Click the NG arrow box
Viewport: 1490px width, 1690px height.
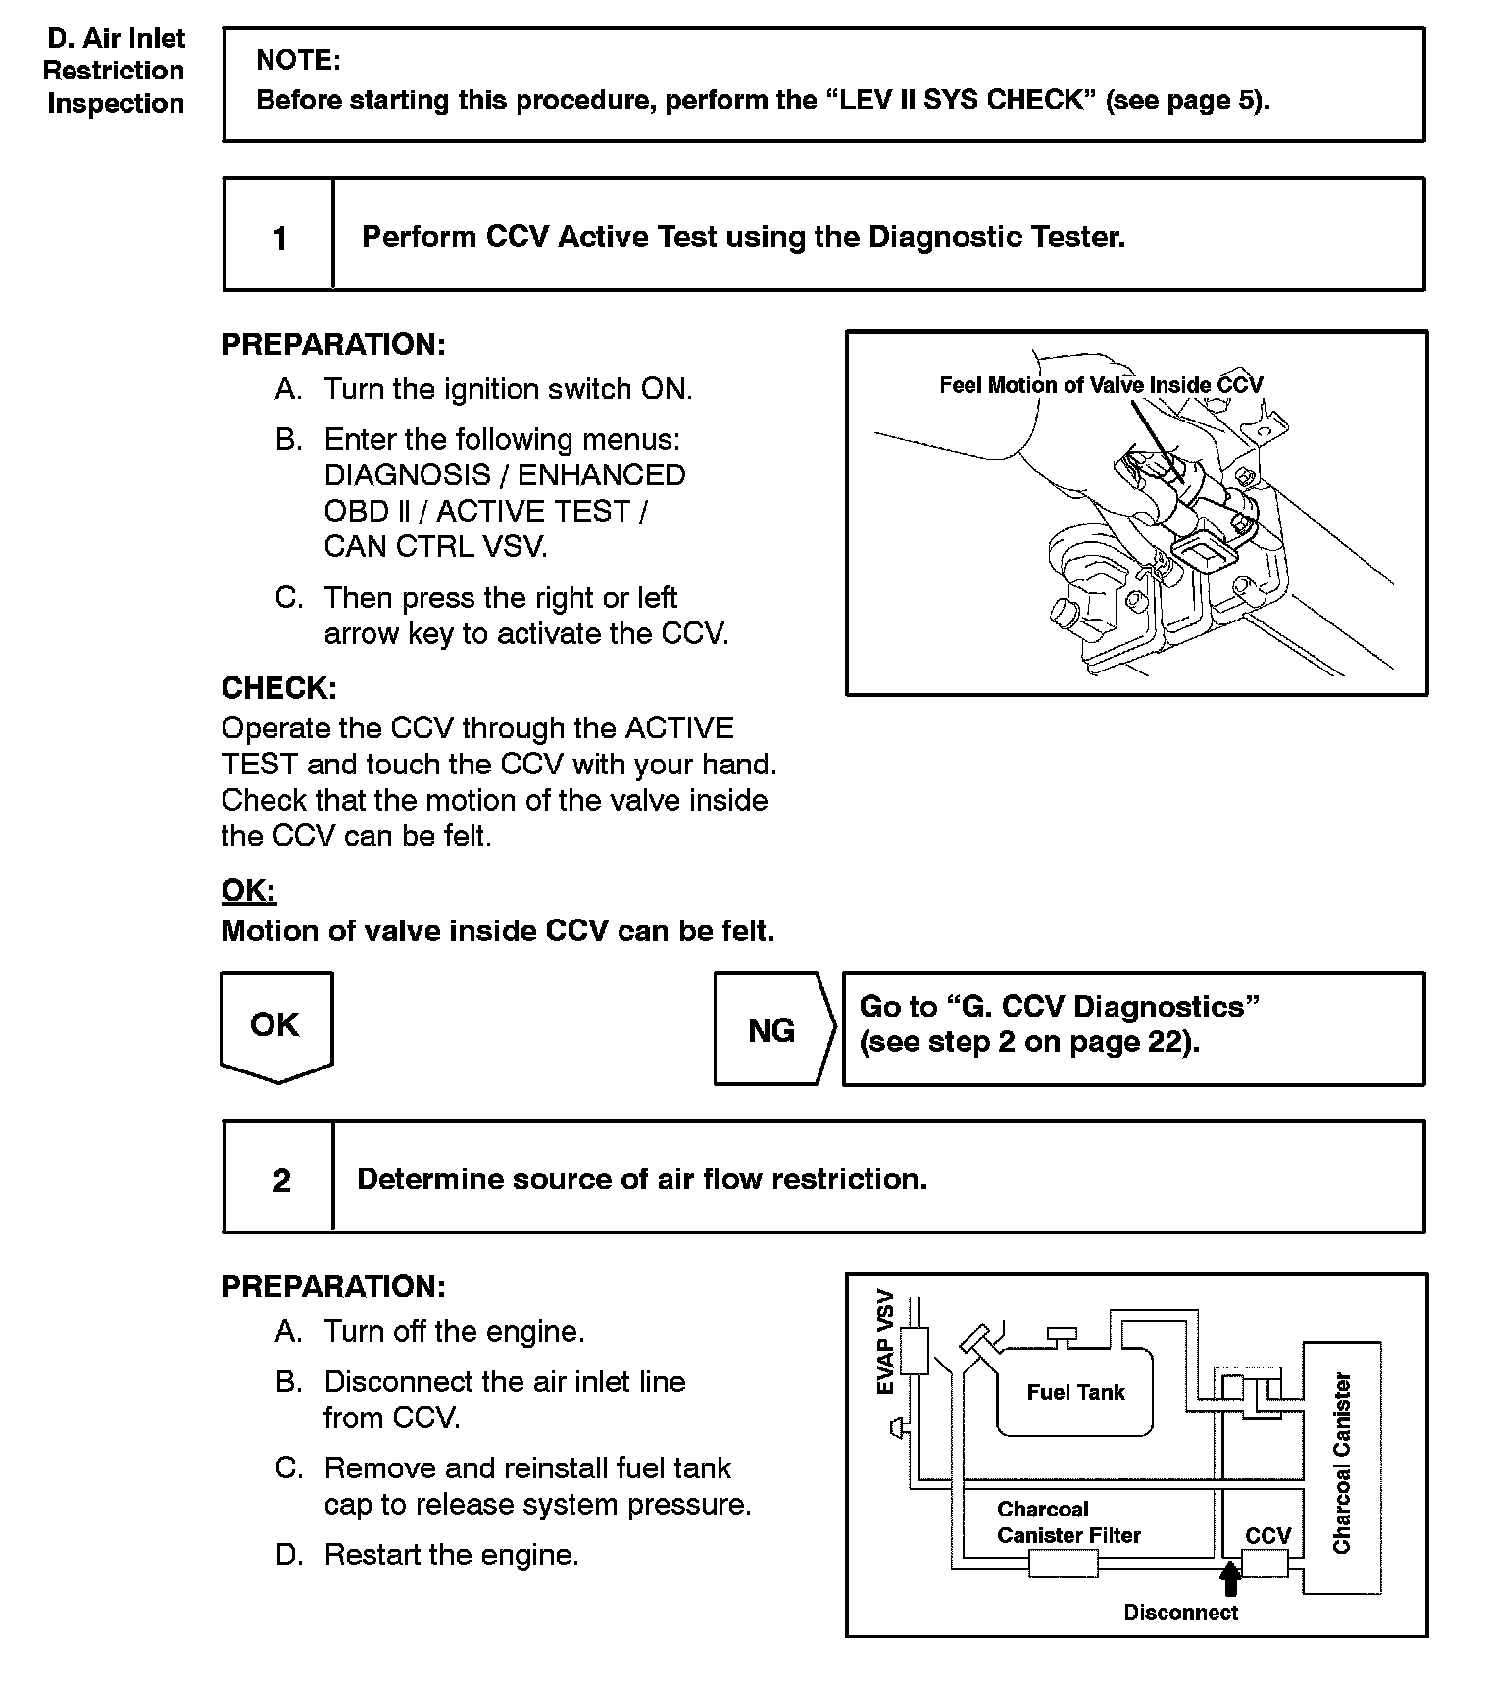[x=772, y=1029]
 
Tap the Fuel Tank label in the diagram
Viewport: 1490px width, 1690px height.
[x=1075, y=1392]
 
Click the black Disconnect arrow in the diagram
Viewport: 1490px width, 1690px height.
[x=1230, y=1578]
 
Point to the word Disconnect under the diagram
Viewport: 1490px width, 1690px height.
[x=1180, y=1613]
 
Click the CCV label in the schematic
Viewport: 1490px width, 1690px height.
[x=1267, y=1535]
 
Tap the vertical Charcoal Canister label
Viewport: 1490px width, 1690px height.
[x=1342, y=1463]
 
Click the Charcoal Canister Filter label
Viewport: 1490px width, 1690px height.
[x=1068, y=1522]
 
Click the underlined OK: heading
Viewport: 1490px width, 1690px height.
[x=249, y=890]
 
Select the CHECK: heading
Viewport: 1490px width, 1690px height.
[x=279, y=688]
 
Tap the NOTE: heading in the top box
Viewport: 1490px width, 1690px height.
[x=298, y=61]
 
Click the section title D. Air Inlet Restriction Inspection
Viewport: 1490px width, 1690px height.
[x=115, y=71]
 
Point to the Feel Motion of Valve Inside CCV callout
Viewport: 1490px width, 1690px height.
[x=1101, y=385]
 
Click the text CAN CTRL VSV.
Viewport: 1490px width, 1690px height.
[x=435, y=546]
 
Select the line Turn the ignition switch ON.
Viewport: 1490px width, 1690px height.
[x=508, y=389]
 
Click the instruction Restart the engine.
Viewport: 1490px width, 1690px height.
[x=451, y=1555]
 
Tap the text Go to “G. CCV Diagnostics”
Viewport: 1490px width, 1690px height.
[x=1059, y=1007]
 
